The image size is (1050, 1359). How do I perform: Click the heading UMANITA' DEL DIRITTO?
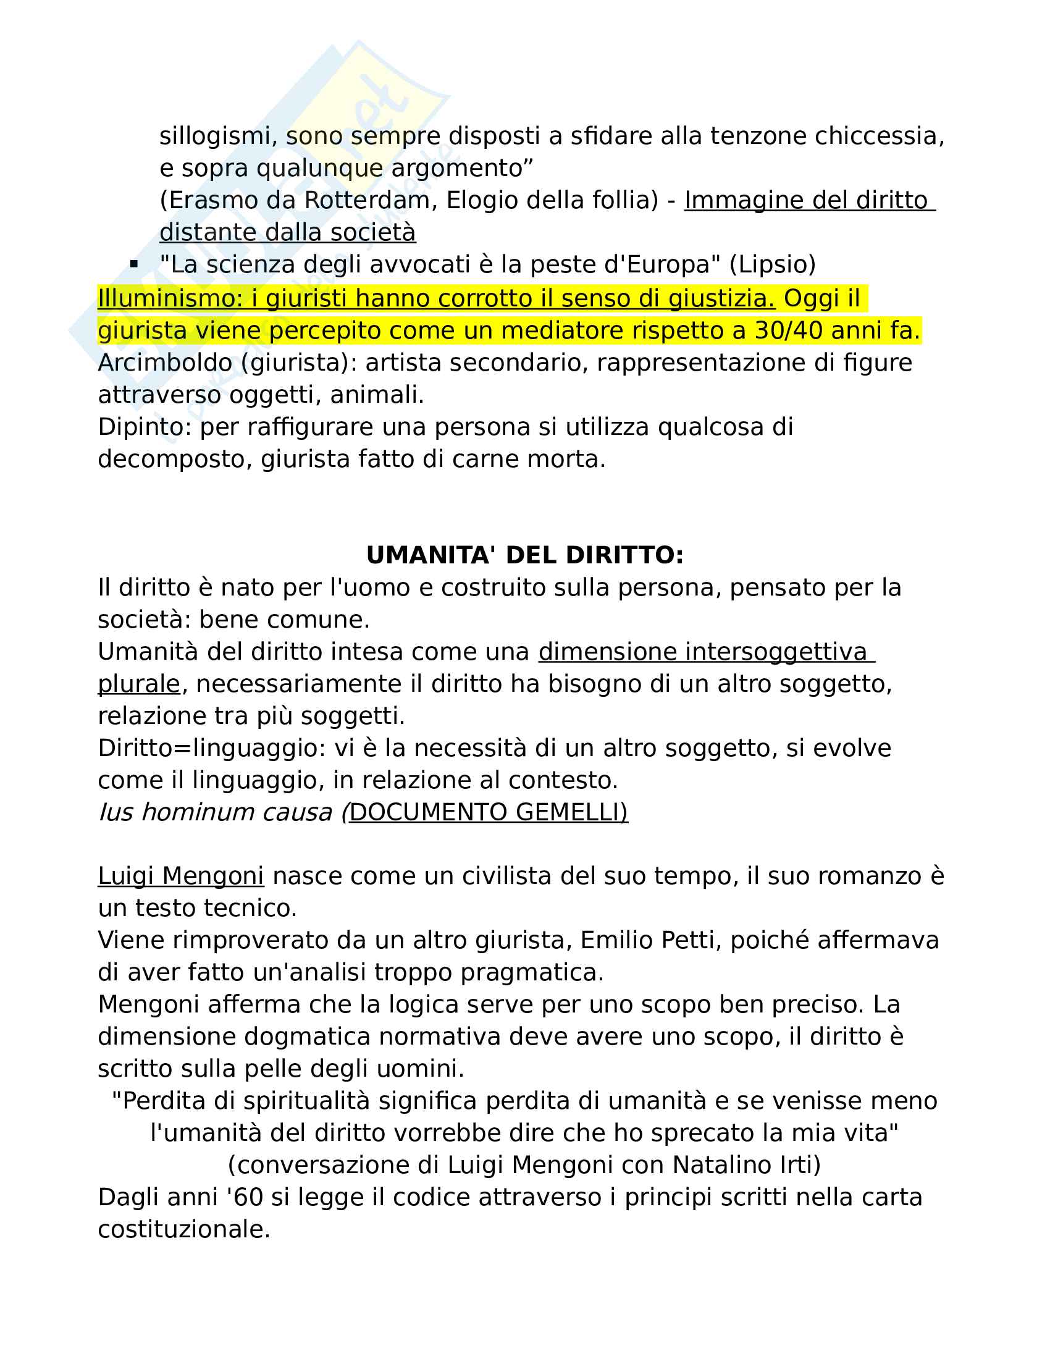tap(524, 555)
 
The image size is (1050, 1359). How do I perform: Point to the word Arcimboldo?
tap(166, 363)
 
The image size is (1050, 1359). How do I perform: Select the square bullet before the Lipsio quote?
tap(134, 264)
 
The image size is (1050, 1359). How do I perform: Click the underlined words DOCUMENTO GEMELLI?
tap(488, 813)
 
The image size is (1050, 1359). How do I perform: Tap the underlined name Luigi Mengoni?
tap(180, 876)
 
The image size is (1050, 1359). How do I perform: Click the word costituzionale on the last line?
tap(183, 1229)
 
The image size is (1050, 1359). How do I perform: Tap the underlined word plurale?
tap(139, 684)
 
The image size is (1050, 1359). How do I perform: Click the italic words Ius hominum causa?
tap(215, 813)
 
